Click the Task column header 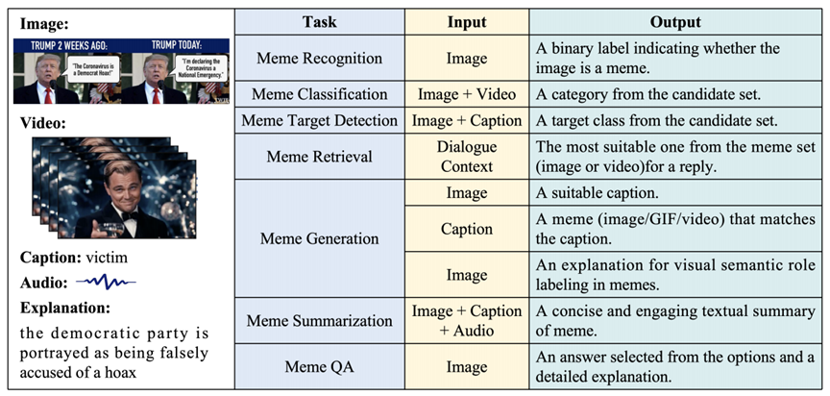[x=319, y=22]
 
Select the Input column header [x=467, y=22]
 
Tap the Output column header [x=675, y=22]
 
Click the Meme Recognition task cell [x=319, y=58]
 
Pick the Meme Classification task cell [x=319, y=94]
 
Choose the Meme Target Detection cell [x=319, y=120]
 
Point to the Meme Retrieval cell [x=319, y=156]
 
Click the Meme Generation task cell [x=319, y=237]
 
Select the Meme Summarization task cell [x=319, y=321]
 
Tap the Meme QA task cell [x=319, y=366]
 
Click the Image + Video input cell [x=467, y=94]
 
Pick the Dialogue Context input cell [x=467, y=156]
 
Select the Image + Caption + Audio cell [x=467, y=321]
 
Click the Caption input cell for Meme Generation [x=467, y=229]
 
